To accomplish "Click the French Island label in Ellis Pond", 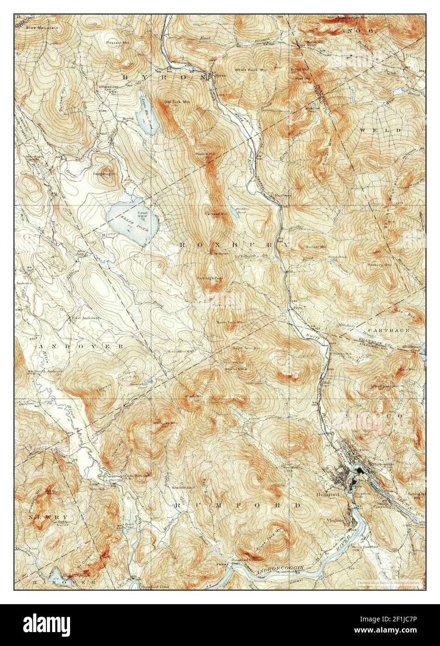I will tap(142, 214).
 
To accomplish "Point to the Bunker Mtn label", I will tap(316, 246).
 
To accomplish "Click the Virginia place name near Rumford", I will tap(336, 520).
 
